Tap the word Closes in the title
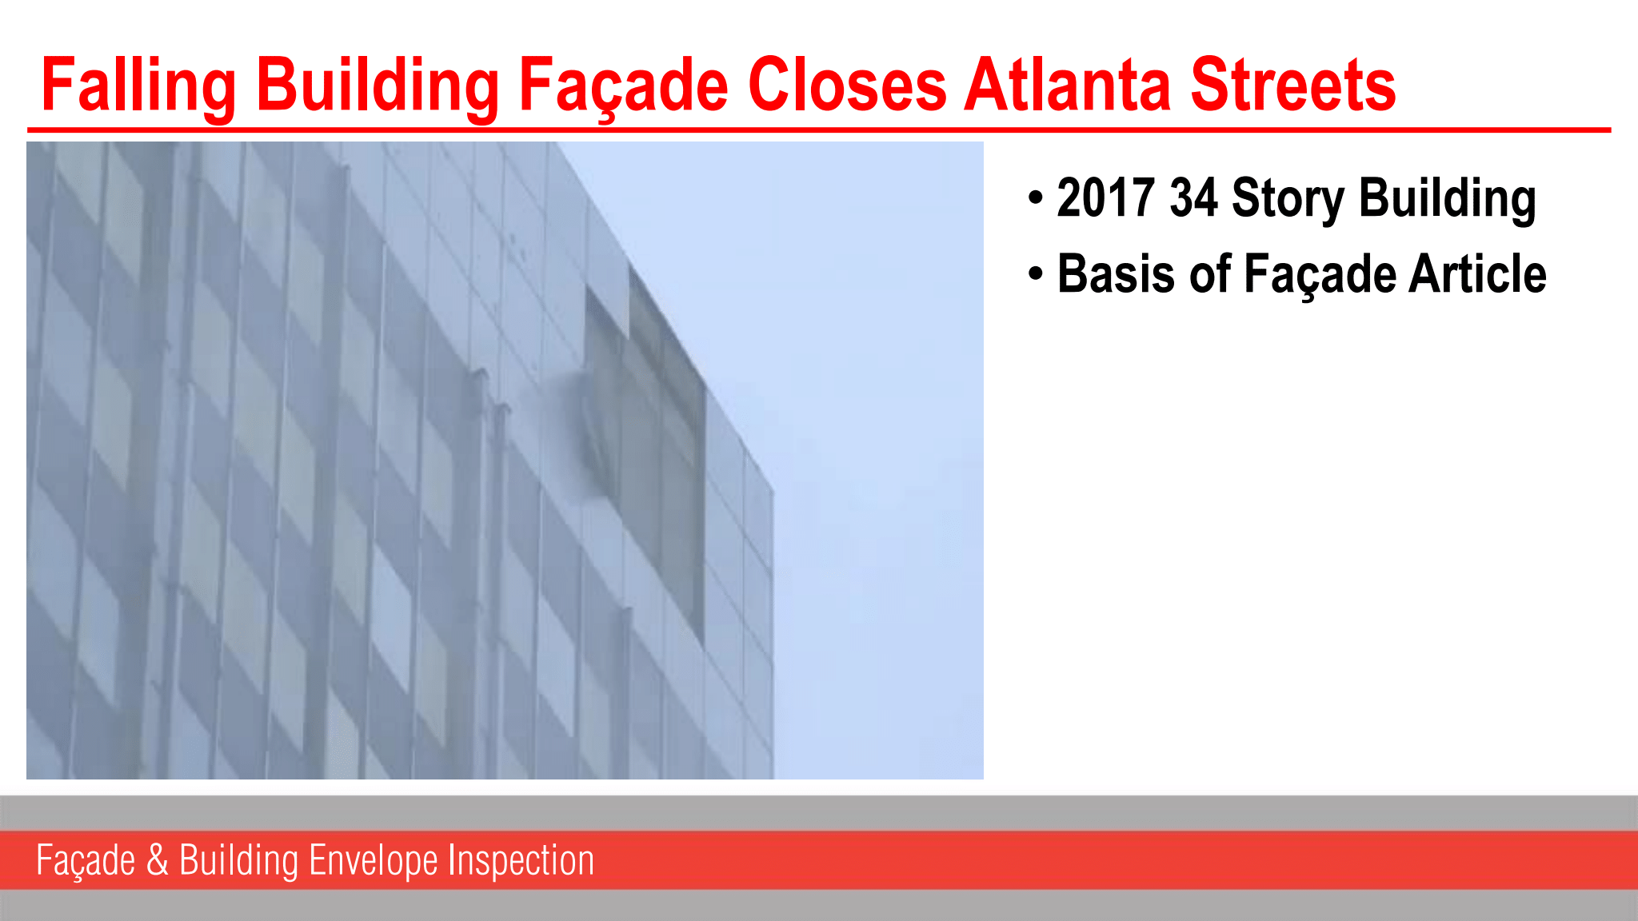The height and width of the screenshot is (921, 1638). click(847, 84)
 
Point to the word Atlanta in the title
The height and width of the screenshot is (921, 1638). click(1069, 84)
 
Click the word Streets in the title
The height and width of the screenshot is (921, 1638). click(1293, 84)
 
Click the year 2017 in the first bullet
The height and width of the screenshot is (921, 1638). click(1105, 197)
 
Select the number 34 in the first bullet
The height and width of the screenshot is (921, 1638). click(1193, 197)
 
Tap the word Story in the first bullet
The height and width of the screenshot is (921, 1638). click(1288, 199)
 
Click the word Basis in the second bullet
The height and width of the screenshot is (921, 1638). click(1117, 273)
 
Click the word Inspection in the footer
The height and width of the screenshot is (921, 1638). click(521, 861)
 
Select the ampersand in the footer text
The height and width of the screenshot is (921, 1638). click(158, 860)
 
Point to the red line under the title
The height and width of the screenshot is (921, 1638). click(819, 129)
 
